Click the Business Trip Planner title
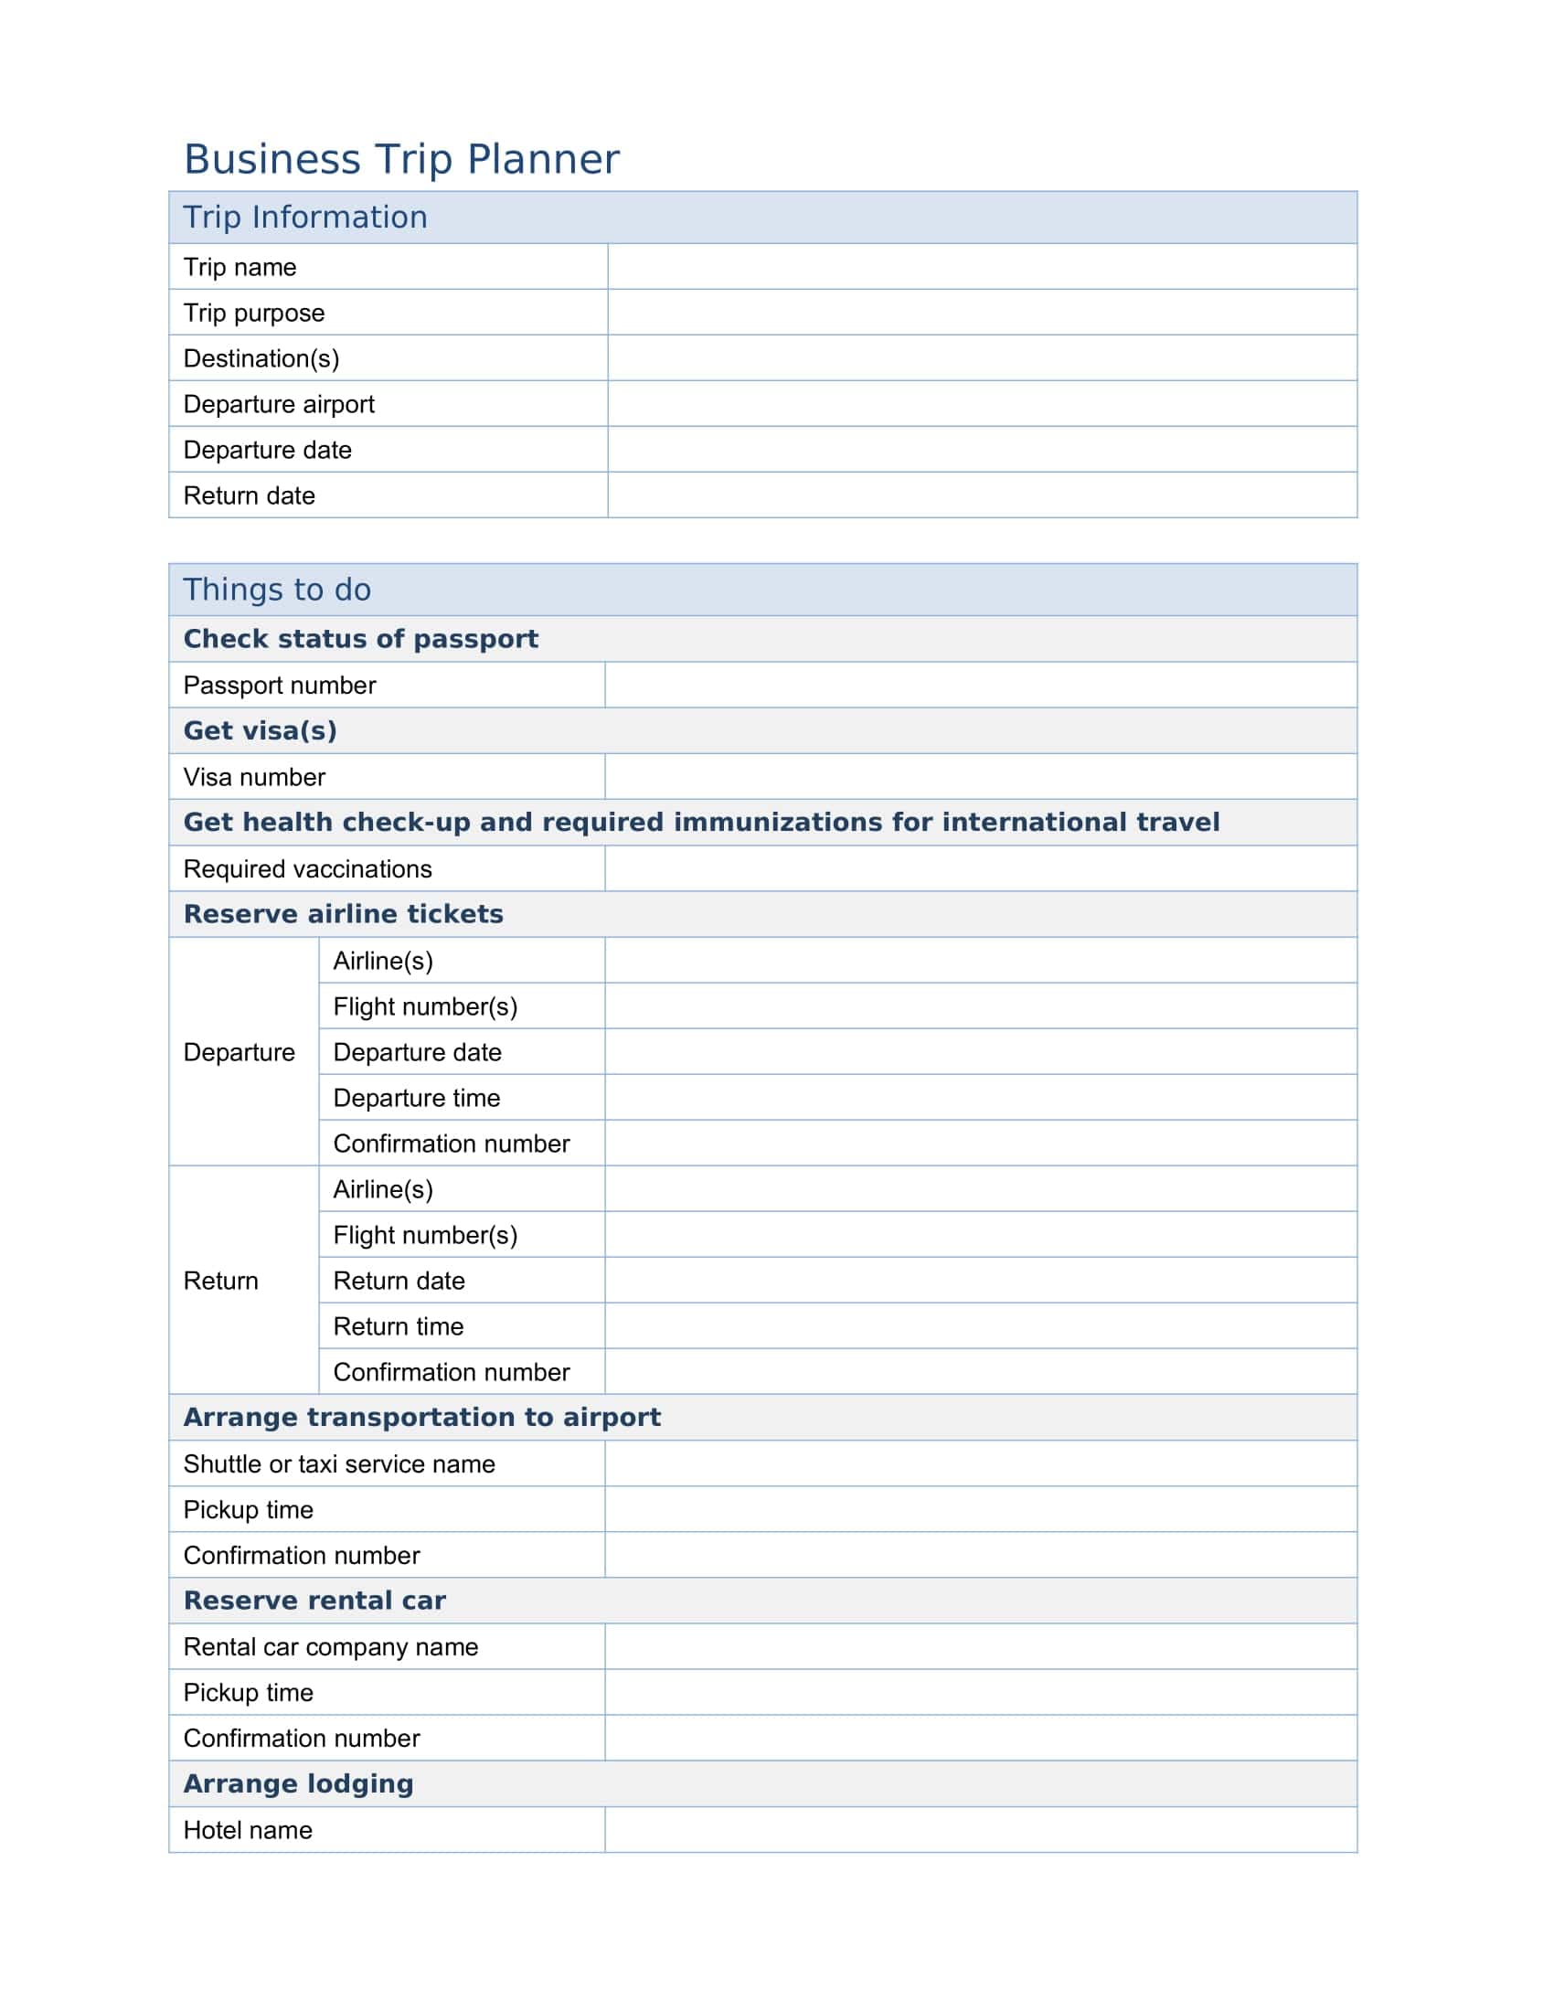tap(401, 159)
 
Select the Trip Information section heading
tap(304, 218)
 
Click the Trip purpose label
tap(254, 313)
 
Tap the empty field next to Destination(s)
tap(982, 358)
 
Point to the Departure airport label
tap(279, 404)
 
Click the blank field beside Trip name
tap(982, 267)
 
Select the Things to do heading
tap(277, 590)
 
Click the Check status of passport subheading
tap(361, 639)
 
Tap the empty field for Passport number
tap(981, 685)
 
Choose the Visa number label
tap(254, 777)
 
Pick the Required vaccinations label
tap(307, 869)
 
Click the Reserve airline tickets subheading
tap(344, 914)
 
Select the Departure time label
tap(416, 1098)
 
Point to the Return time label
tap(398, 1326)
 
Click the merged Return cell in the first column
tap(222, 1281)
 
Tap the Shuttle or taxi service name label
tap(339, 1464)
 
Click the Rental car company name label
tap(331, 1647)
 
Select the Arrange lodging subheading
tap(298, 1784)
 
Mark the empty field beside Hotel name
tap(981, 1831)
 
